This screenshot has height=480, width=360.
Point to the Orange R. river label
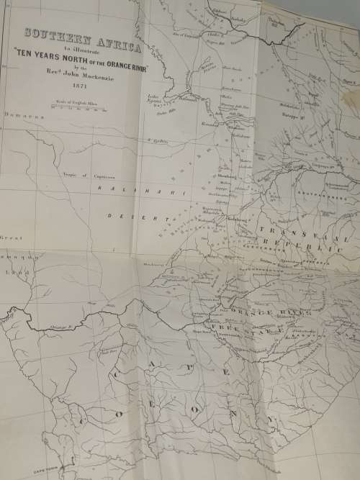pos(61,327)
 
